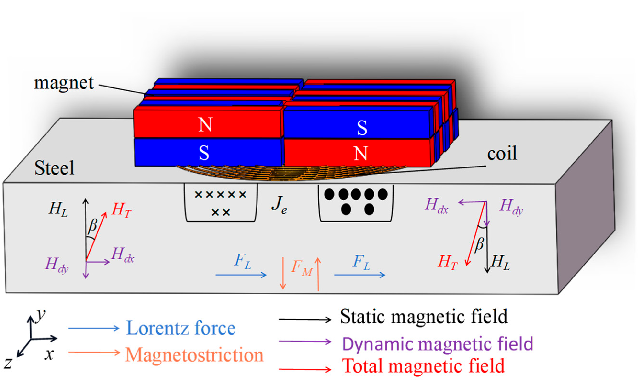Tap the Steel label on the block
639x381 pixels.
point(54,168)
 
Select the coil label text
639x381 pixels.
point(502,154)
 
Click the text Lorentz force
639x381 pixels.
point(181,328)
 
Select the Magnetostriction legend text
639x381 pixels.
point(194,355)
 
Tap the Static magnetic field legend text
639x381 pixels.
point(424,317)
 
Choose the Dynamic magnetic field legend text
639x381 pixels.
point(438,344)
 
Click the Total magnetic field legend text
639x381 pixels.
point(423,366)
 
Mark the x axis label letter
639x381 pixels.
point(49,355)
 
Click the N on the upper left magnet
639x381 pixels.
point(205,125)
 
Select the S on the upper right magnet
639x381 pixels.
point(362,127)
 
